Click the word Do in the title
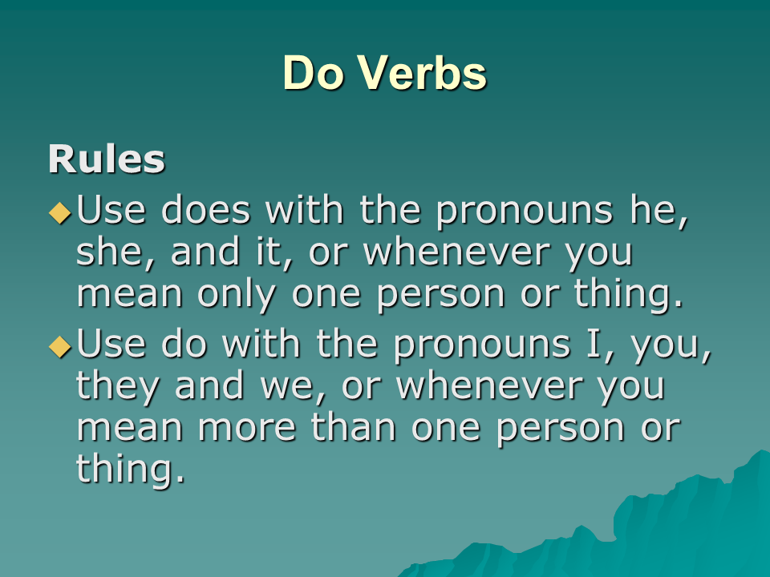coord(312,73)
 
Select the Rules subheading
coord(106,159)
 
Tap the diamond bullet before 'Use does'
coord(60,212)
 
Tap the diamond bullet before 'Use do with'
coord(60,346)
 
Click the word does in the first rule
coord(206,210)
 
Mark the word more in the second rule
coord(247,428)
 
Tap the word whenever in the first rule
coord(456,252)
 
